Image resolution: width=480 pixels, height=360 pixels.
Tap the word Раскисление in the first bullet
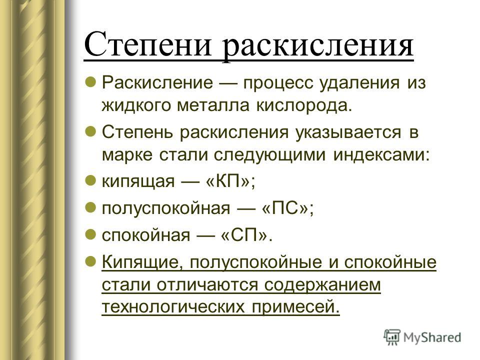(157, 82)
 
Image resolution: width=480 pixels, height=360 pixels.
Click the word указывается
(348, 132)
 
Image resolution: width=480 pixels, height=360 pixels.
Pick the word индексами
(381, 155)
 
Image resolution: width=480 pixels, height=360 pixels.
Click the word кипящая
(138, 182)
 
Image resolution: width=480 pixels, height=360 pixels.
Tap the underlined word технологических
(173, 307)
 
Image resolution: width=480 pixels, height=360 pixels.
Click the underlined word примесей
(295, 307)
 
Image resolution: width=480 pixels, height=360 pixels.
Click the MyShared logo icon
(392, 337)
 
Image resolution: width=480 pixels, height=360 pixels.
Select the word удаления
(359, 83)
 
